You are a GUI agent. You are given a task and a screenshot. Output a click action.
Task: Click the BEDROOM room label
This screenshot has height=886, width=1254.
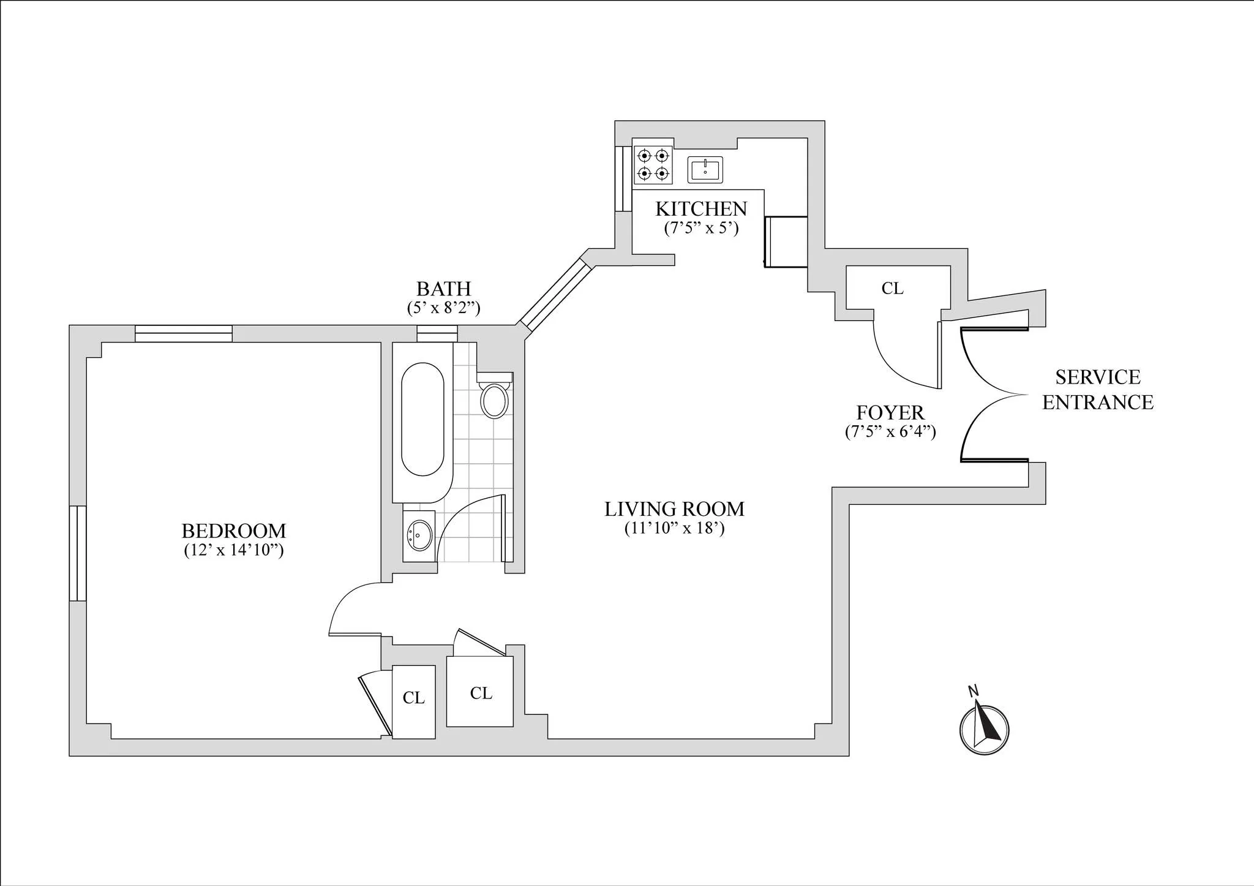pos(234,531)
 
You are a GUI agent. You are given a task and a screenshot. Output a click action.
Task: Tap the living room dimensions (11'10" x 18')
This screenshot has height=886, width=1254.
pos(674,528)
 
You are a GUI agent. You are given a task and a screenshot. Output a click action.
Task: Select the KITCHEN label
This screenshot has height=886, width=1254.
pos(701,209)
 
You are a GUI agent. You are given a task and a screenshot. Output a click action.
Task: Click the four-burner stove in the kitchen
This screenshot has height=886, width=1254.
pos(652,164)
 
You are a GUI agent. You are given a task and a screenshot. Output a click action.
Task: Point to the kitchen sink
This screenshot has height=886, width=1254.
pos(705,170)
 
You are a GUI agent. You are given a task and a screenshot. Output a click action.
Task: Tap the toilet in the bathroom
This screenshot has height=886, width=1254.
pos(495,400)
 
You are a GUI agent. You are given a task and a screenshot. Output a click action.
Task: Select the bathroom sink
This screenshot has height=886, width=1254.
pos(419,536)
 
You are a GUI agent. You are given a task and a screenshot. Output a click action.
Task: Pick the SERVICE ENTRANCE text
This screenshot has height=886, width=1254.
pos(1098,390)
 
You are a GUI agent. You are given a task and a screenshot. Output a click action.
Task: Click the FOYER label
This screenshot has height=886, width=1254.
pos(890,412)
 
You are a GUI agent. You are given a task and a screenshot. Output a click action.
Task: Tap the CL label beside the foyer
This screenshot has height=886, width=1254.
pos(892,289)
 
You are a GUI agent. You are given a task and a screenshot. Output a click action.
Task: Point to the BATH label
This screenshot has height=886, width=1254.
pos(443,289)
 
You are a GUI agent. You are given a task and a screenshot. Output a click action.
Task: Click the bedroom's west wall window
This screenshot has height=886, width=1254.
pos(78,553)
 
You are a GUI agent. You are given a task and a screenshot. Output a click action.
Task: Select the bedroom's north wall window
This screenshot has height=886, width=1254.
pos(183,333)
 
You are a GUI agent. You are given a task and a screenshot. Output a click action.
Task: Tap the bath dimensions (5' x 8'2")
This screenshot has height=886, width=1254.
pos(443,308)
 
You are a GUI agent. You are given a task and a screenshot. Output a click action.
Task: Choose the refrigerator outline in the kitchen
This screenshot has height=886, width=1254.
pos(786,241)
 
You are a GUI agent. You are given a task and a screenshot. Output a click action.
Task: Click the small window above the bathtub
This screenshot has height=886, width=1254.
pos(437,333)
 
